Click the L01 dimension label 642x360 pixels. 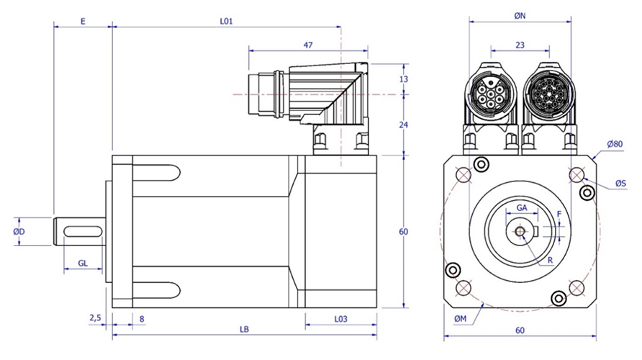tap(226, 22)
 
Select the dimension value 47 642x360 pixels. tap(308, 45)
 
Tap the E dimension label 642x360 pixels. tap(83, 22)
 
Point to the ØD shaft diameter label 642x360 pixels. tap(19, 232)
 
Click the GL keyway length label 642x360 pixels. tap(83, 264)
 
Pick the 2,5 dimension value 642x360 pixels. tap(94, 318)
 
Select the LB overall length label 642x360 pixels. tap(244, 329)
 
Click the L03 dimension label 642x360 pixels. tap(340, 319)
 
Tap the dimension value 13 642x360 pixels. tap(403, 79)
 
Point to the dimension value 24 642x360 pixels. tap(403, 125)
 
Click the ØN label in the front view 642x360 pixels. tap(520, 16)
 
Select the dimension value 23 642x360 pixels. tap(520, 45)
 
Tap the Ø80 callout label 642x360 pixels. tap(615, 144)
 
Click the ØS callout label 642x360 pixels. tap(620, 184)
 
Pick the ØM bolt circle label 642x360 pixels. tap(460, 319)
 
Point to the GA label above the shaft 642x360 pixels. tap(522, 208)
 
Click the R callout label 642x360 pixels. tap(551, 261)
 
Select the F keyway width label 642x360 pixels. tap(559, 214)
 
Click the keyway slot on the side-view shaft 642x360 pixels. tap(83, 232)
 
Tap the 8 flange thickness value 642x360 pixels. tap(142, 319)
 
